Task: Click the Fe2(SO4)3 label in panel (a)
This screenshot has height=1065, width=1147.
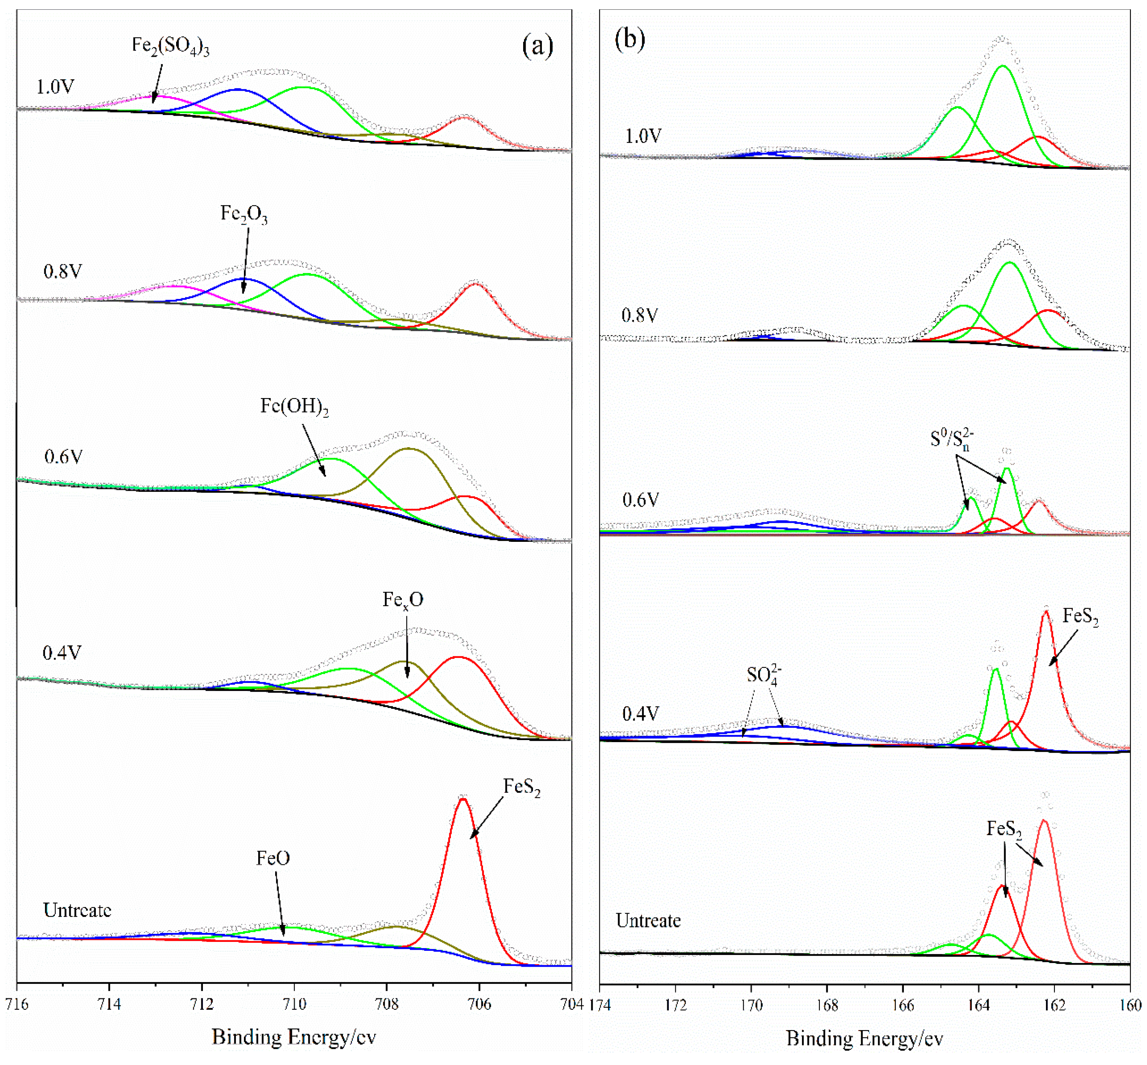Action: pyautogui.click(x=170, y=46)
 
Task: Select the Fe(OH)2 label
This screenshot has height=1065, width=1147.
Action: pyautogui.click(x=294, y=407)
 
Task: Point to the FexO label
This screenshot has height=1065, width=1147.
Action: pyautogui.click(x=403, y=600)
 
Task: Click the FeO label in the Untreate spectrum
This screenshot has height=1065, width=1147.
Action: pyautogui.click(x=273, y=859)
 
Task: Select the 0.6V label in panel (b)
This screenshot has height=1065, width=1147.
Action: pyautogui.click(x=640, y=500)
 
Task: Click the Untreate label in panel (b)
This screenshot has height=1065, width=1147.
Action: pyautogui.click(x=648, y=921)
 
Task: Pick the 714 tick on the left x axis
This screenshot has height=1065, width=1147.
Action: pyautogui.click(x=110, y=1004)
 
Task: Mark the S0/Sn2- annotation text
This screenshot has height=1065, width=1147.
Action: pyautogui.click(x=951, y=440)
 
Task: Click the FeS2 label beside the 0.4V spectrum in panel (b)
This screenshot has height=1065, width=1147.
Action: pyautogui.click(x=1080, y=617)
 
